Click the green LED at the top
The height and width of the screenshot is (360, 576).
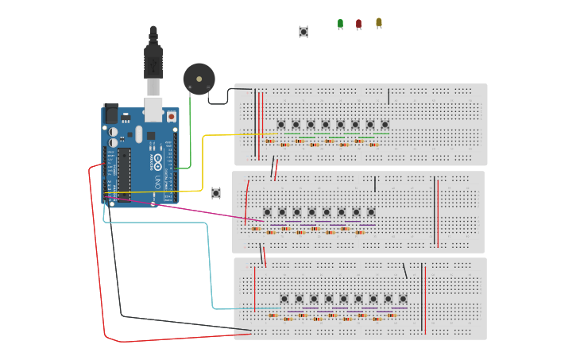tap(340, 24)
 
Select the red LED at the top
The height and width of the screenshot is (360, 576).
tap(358, 24)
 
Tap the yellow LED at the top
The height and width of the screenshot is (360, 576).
tap(379, 22)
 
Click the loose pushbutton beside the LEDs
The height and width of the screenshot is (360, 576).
tap(303, 32)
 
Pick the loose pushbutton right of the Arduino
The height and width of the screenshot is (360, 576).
tap(216, 193)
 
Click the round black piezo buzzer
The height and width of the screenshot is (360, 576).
tap(199, 79)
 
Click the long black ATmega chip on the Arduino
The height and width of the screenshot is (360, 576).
tap(123, 173)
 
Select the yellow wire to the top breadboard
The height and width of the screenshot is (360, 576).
tap(203, 159)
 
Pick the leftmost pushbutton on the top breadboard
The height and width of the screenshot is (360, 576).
tap(281, 124)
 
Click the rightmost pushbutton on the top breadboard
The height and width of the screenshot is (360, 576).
tap(385, 124)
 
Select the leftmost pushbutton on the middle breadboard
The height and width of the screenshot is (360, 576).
tap(267, 212)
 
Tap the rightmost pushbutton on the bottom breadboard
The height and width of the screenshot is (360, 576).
tap(403, 299)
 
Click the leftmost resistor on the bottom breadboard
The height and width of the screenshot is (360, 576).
tap(273, 315)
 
